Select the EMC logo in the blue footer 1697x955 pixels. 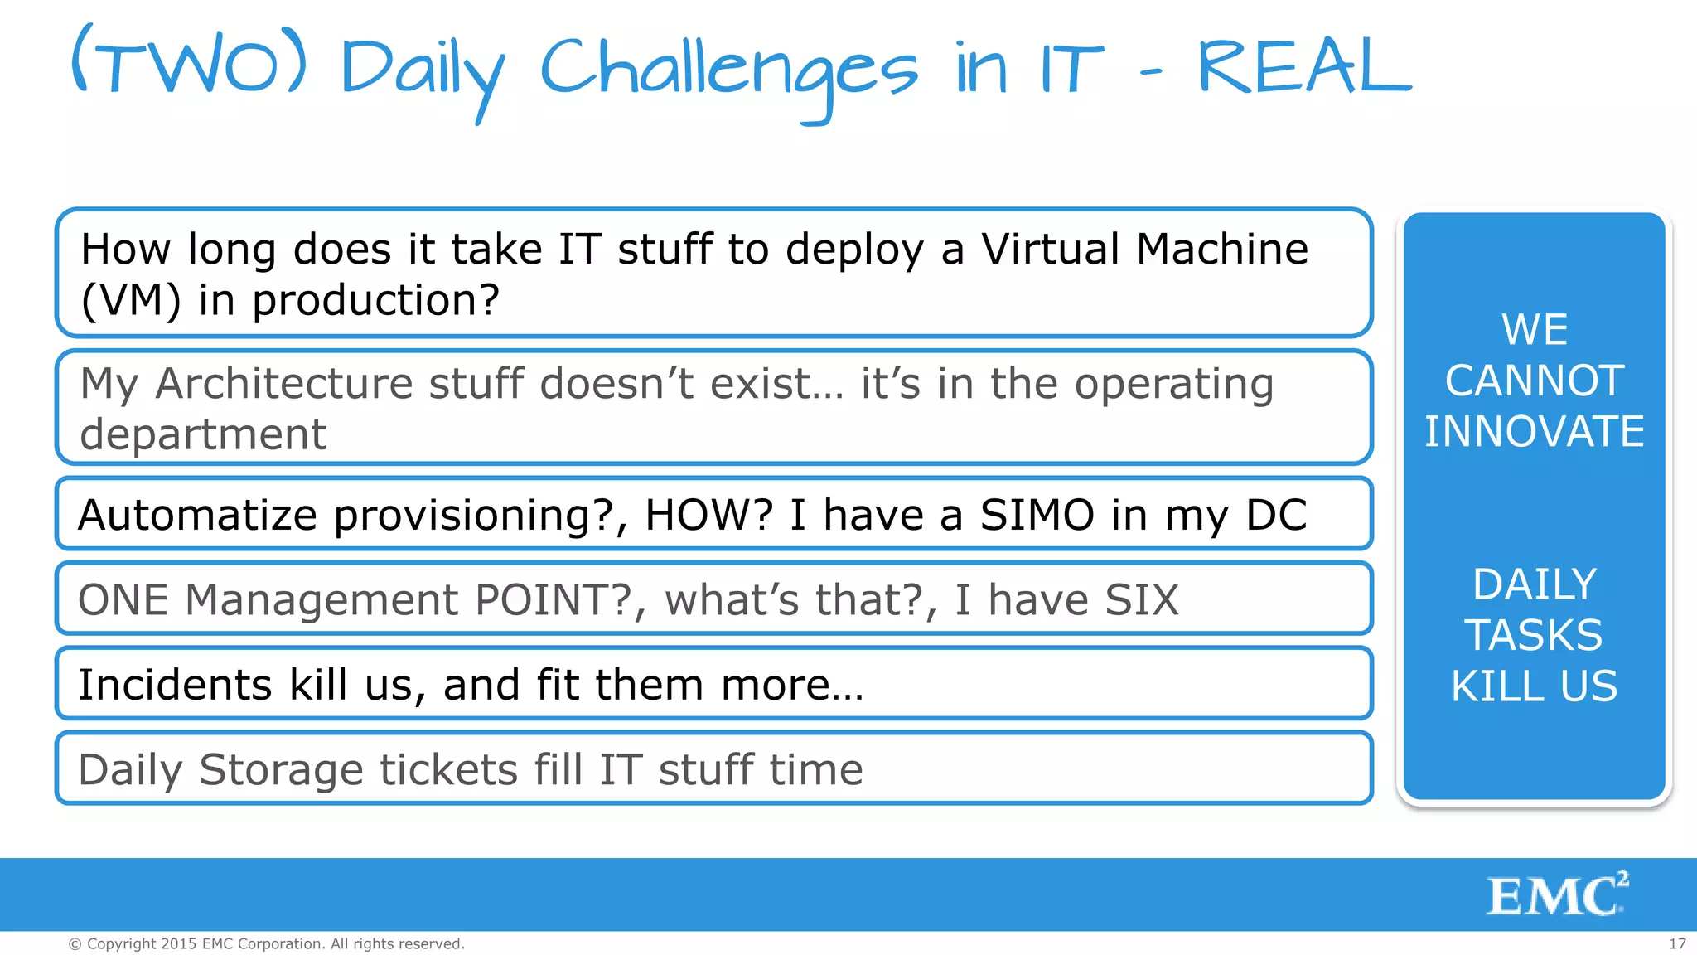point(1557,894)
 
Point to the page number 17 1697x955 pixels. point(1677,943)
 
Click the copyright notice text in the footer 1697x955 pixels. point(266,943)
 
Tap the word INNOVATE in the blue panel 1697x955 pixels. point(1534,432)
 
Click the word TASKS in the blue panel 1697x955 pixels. point(1534,635)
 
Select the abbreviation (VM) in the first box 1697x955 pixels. point(130,300)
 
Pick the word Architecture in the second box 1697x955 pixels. point(283,384)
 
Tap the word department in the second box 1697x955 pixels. point(203,434)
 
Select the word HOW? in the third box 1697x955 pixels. point(708,515)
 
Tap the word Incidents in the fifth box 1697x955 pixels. point(175,685)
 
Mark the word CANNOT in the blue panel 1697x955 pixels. point(1534,381)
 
